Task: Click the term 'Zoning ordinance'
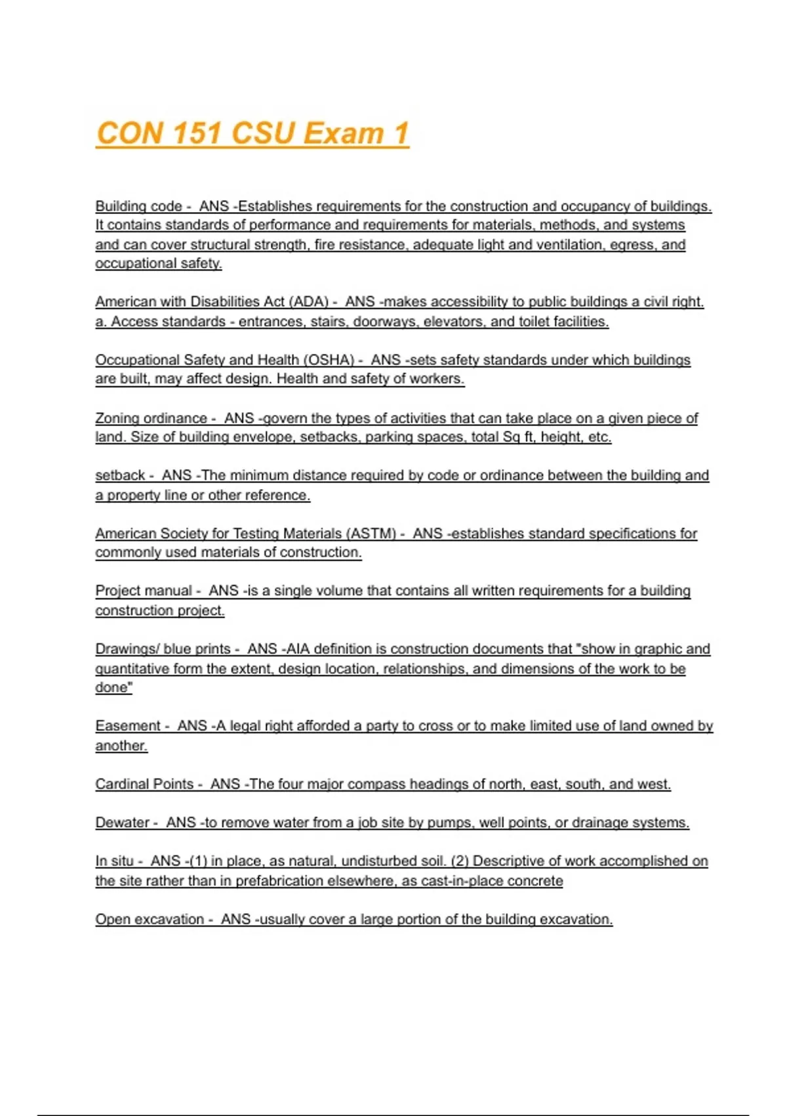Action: pos(151,418)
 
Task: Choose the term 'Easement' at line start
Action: pos(128,726)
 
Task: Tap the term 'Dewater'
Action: pos(122,823)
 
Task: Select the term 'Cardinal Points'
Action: pos(144,784)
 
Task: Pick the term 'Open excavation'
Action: pos(150,919)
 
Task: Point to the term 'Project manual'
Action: pos(144,591)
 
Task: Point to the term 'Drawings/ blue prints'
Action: pos(163,649)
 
